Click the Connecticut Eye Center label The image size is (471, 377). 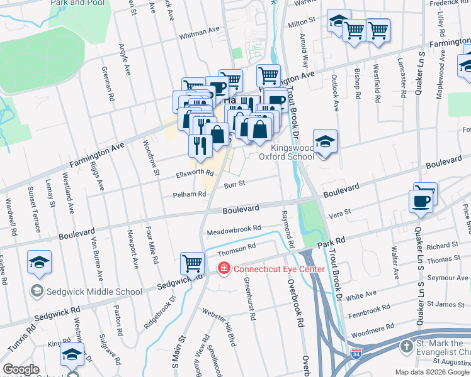point(279,269)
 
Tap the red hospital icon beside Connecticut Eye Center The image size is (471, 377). point(224,269)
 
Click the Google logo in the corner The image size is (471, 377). point(21,370)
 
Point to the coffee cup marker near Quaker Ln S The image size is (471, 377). point(421,201)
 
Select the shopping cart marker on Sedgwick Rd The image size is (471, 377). point(192,262)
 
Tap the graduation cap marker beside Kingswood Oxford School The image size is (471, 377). point(325,143)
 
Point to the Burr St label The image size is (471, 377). point(233,183)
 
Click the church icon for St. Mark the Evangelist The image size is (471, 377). point(407,347)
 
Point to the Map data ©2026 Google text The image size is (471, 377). point(431,371)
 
